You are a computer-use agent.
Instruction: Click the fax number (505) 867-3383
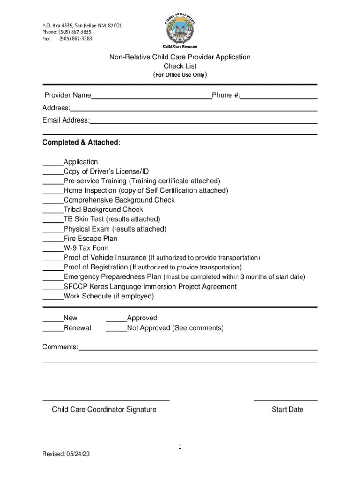coord(75,38)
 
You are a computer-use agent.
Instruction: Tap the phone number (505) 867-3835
coord(75,32)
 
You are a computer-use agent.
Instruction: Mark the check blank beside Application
coord(53,164)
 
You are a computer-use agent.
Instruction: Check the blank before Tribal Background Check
coord(53,211)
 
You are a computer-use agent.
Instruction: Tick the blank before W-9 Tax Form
coord(53,250)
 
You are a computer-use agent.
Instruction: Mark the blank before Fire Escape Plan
coord(53,240)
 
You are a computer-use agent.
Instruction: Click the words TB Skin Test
coord(84,219)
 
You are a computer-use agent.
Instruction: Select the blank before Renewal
coord(53,330)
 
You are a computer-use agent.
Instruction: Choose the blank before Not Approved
coord(116,330)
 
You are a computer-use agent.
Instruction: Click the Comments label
coord(60,347)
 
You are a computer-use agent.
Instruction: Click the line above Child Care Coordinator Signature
coord(106,400)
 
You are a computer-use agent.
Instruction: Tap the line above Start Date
coord(286,400)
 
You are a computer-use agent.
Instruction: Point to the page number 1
coord(180,447)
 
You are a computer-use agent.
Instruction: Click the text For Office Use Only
coord(180,75)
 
